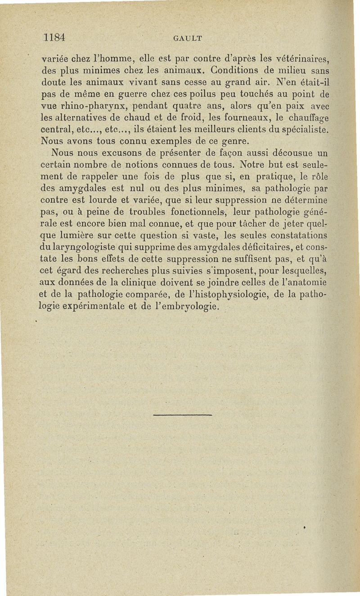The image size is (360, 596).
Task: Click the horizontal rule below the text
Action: point(182,415)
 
